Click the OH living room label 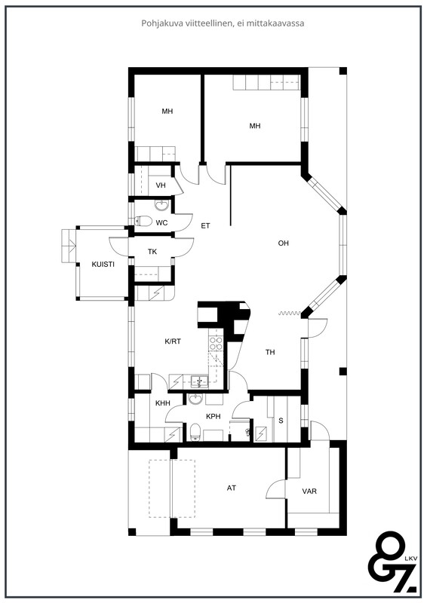pos(284,243)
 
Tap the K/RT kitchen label pos(173,341)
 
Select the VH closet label pos(161,185)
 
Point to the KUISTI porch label pos(103,265)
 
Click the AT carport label pos(231,488)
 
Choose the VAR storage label pos(309,491)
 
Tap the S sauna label pos(281,421)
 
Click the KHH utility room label pos(162,403)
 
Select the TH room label pos(270,352)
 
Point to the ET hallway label pos(205,225)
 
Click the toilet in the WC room pos(143,221)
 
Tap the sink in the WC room pos(162,204)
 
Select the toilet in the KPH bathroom pos(195,431)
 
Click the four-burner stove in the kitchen pos(216,343)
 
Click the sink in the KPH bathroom pos(196,399)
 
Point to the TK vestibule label pos(152,252)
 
